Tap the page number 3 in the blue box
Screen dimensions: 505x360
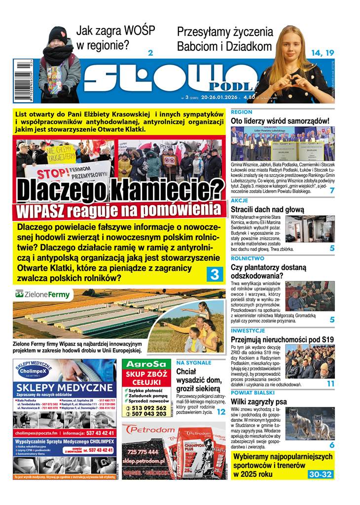click(215, 274)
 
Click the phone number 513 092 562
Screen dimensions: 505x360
click(145, 408)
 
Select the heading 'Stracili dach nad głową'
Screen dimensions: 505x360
click(267, 210)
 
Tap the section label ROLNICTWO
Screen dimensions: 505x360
click(248, 258)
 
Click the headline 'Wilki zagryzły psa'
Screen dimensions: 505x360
click(259, 401)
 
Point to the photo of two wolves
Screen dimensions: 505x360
click(310, 424)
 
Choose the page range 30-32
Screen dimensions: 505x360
click(320, 474)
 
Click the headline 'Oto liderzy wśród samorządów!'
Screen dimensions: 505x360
click(280, 121)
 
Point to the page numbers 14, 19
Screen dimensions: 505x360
click(323, 53)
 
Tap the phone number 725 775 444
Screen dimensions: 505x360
click(143, 452)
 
